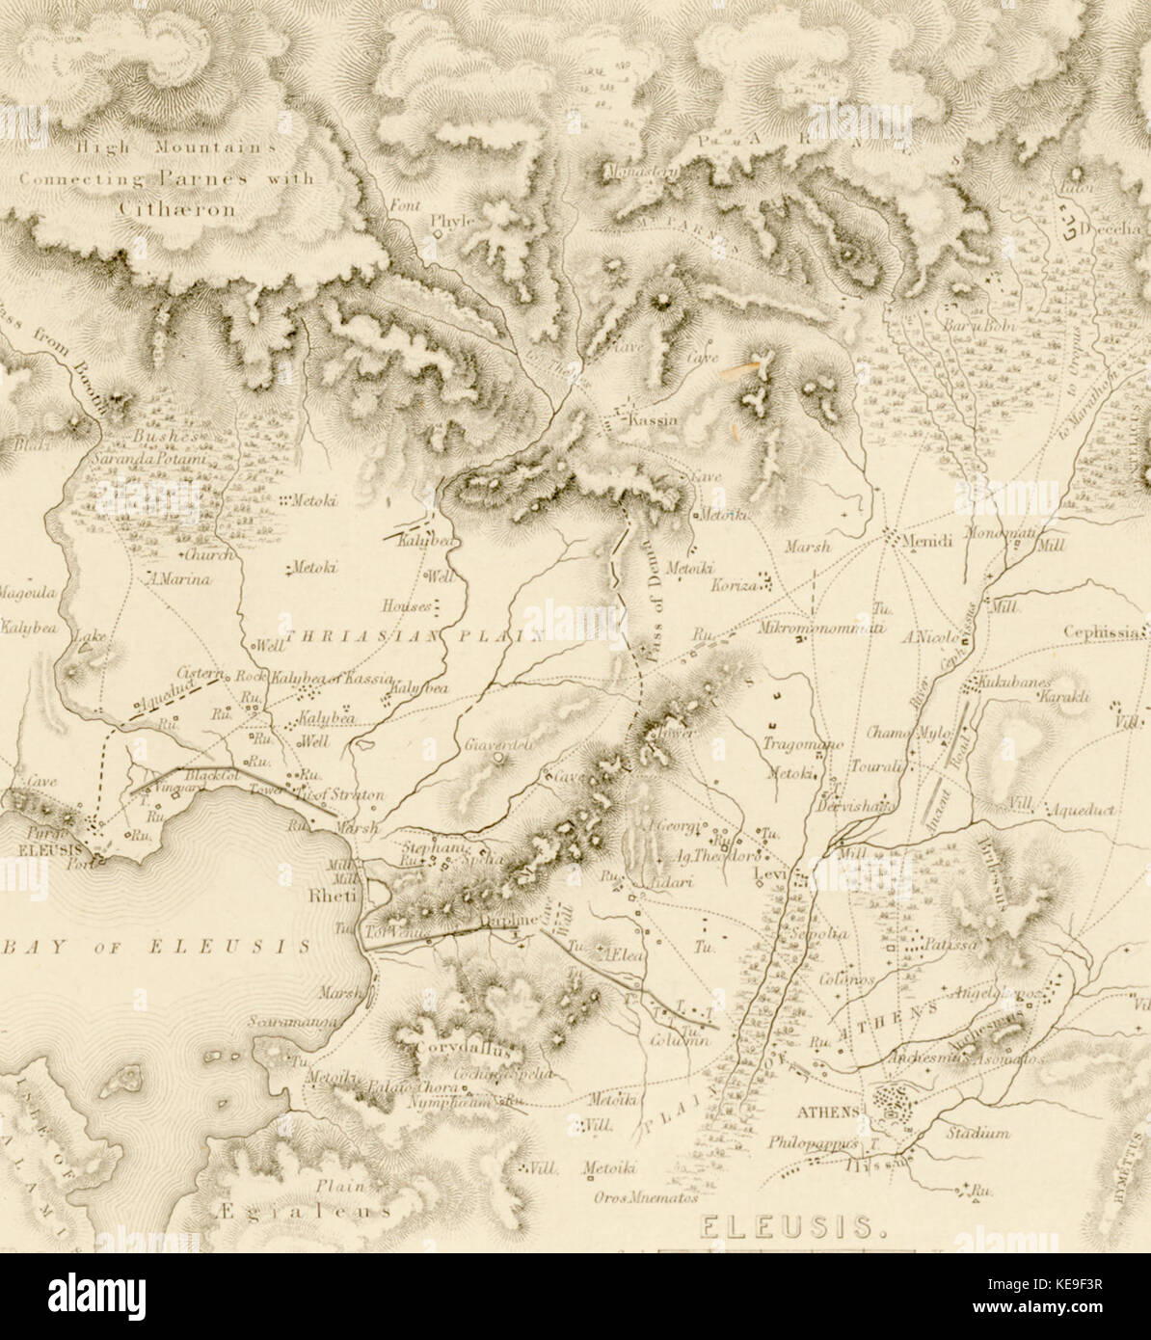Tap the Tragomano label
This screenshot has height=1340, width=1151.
(x=803, y=744)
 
